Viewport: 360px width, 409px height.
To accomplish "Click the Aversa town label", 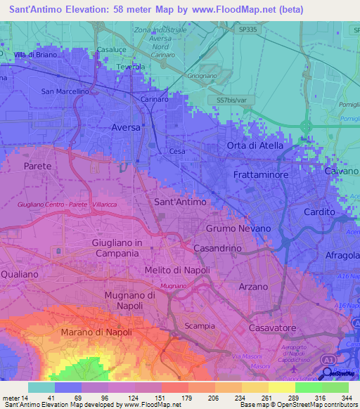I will click(126, 128).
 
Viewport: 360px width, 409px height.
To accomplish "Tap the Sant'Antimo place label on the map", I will click(180, 202).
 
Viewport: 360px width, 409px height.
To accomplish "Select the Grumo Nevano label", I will click(238, 229).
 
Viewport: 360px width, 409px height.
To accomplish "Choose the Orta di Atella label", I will click(255, 145).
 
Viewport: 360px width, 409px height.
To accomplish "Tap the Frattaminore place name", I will click(262, 171).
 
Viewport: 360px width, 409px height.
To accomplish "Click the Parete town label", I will click(37, 167).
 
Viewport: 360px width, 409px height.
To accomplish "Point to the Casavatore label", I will click(271, 327).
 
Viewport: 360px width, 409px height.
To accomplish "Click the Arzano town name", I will click(253, 287).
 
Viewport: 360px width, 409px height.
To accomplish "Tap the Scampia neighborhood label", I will click(199, 326).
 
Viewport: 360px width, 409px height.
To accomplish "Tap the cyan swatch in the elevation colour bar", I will click(41, 387).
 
